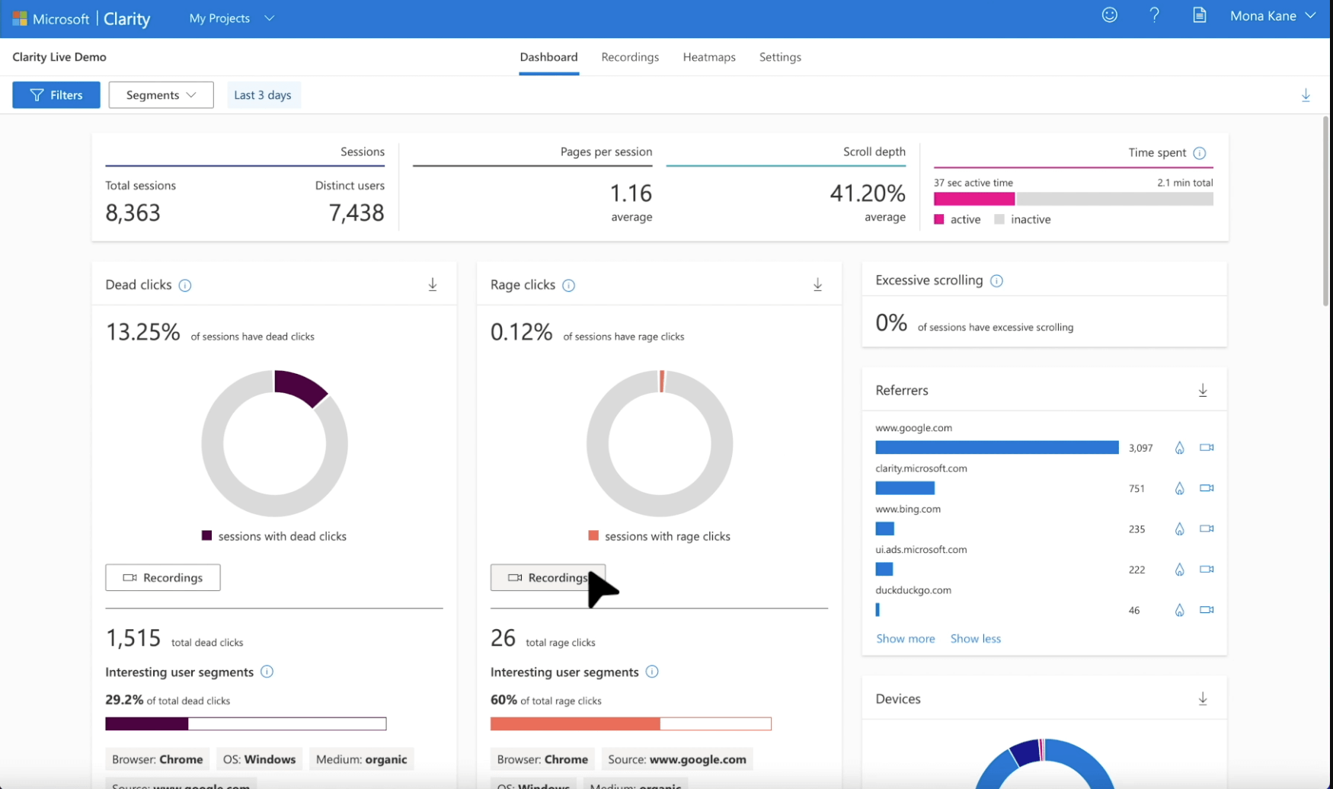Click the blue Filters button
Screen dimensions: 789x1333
56,95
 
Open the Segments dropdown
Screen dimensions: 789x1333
161,95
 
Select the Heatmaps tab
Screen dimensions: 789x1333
708,57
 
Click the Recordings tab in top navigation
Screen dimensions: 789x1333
629,57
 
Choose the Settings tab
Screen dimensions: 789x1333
779,57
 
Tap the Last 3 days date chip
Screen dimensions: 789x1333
263,95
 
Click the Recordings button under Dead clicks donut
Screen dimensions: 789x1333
163,577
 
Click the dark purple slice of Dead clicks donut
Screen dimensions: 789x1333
300,387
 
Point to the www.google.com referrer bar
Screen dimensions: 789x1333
996,448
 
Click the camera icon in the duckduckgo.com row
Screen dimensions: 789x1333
1206,610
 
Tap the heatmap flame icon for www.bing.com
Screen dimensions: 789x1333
1179,529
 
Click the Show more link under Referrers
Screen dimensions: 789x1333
905,639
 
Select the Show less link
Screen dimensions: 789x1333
975,639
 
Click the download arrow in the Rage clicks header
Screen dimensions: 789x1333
817,285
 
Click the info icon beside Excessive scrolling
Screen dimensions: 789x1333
996,281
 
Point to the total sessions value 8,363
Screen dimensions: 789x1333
133,213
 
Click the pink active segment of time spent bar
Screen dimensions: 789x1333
973,200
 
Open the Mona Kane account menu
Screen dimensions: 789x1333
1271,16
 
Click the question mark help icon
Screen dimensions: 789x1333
1154,15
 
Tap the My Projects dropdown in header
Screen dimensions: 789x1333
231,18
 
